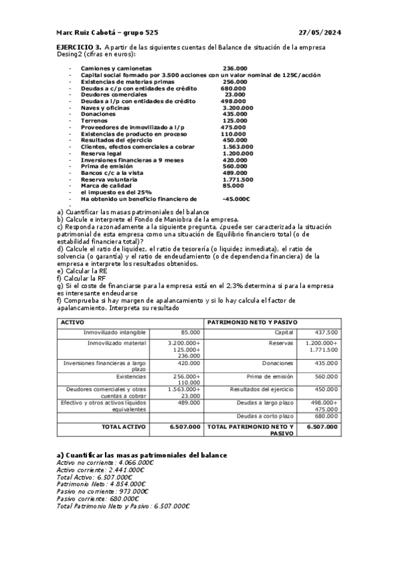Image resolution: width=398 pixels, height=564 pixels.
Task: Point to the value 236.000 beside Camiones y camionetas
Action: click(235, 69)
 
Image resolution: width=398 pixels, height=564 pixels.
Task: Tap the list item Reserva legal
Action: click(101, 154)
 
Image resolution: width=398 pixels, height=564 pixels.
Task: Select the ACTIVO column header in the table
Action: click(72, 322)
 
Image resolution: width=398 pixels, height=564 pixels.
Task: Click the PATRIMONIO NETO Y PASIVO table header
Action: click(252, 322)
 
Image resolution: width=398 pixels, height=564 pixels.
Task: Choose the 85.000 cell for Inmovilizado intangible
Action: click(190, 332)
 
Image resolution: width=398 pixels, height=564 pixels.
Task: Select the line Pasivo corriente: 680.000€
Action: click(97, 498)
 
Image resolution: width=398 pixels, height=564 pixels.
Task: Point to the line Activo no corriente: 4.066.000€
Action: click(105, 462)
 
